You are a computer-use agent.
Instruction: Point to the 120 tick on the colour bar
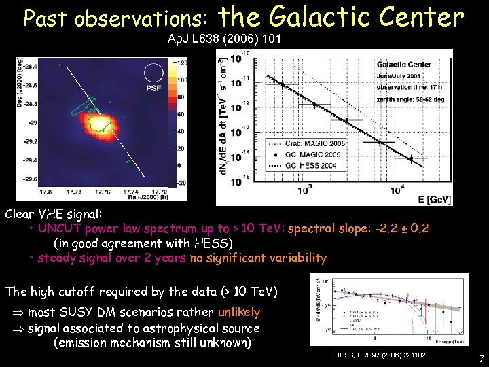click(x=181, y=63)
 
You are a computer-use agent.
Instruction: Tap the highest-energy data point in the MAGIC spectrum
click(x=410, y=159)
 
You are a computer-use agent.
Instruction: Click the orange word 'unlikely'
click(x=238, y=312)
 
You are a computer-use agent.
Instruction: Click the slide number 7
click(x=480, y=357)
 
